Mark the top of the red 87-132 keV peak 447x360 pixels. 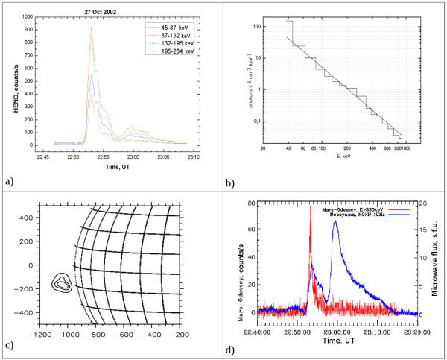click(91, 28)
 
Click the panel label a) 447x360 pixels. click(8, 180)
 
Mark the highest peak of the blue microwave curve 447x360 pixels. click(335, 221)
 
